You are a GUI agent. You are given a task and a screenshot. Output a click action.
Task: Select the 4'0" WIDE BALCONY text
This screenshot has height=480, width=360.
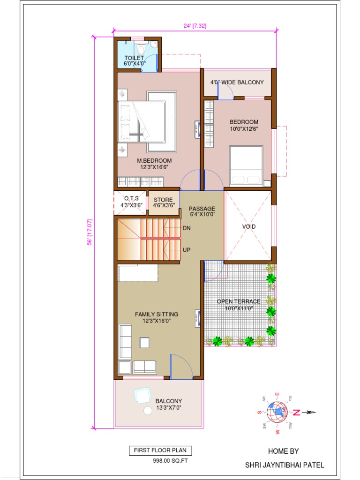237,82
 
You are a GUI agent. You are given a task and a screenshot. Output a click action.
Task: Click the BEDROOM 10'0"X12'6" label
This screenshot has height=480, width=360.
244,125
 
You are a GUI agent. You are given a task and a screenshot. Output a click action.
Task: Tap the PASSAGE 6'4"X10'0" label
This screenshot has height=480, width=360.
202,211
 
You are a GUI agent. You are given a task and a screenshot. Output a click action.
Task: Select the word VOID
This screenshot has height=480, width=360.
249,226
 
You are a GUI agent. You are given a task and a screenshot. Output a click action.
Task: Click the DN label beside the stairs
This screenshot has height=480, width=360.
186,228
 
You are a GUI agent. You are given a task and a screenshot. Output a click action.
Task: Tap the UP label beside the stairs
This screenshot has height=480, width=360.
187,250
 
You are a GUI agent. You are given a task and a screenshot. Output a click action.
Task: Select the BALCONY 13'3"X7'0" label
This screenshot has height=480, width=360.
169,404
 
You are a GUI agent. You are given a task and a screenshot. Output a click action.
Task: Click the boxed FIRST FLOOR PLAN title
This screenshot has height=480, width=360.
160,450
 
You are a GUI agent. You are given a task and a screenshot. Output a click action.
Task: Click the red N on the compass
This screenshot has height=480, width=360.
296,412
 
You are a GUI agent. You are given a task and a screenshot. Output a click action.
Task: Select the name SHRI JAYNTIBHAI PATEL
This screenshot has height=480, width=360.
284,465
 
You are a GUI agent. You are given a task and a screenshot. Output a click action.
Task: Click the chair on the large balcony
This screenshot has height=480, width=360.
141,396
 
